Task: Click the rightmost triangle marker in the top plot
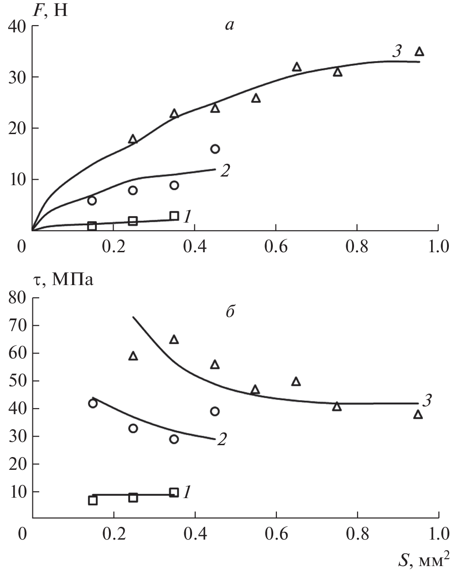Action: (x=419, y=52)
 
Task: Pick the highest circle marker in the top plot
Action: (x=215, y=149)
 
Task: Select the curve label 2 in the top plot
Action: (x=224, y=171)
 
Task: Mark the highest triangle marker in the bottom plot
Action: (x=174, y=339)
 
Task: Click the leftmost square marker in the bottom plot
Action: (x=93, y=500)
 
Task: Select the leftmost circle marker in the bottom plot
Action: (x=93, y=403)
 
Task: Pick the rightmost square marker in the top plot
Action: (x=174, y=216)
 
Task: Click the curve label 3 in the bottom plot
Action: (x=427, y=401)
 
